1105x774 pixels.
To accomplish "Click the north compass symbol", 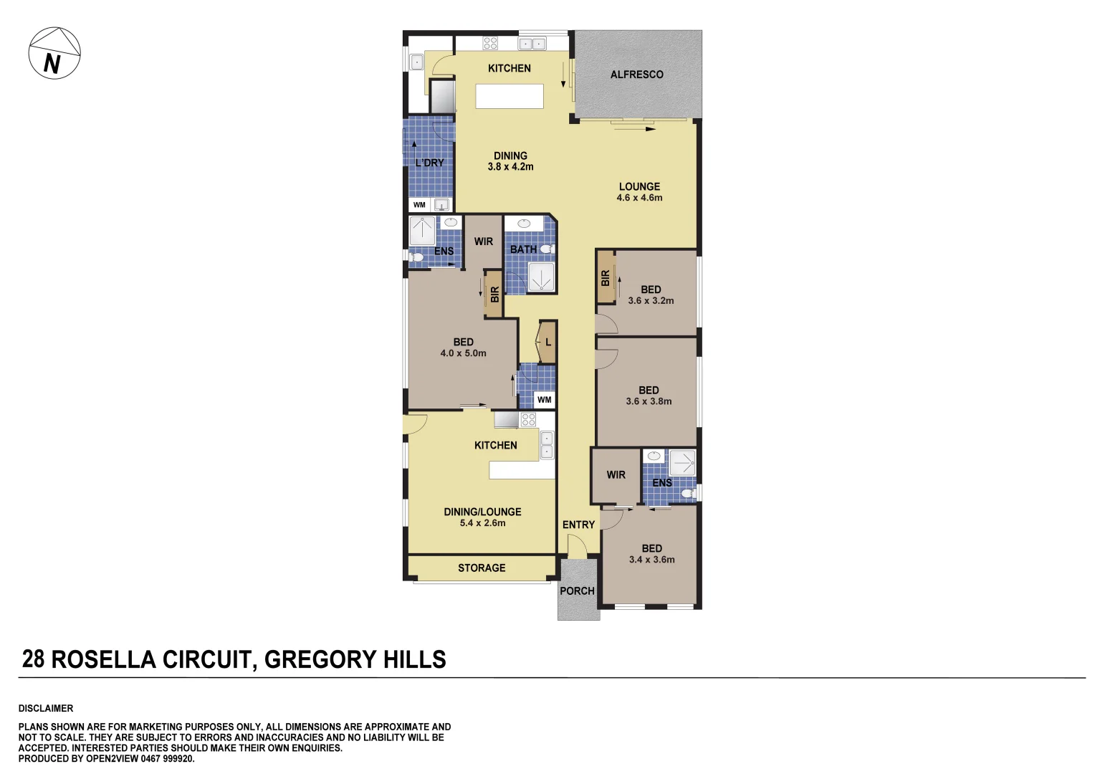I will coord(54,54).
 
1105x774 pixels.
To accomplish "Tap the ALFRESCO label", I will coord(636,75).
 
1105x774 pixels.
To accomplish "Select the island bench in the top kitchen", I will coord(510,96).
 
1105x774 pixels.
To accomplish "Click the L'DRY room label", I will coord(429,163).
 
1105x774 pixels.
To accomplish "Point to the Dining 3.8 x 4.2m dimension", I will coord(510,167).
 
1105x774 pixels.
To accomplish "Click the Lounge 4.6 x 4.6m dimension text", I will coord(639,198).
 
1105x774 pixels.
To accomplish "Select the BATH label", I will coord(523,249).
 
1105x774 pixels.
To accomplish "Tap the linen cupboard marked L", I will coord(548,342).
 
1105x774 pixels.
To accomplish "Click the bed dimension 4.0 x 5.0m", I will coord(463,353).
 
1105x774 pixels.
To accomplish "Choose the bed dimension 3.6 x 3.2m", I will coord(651,301).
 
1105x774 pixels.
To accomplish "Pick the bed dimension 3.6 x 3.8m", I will coord(649,402).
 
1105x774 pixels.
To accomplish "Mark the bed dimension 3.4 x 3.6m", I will coord(651,560).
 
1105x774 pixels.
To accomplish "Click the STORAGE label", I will coord(482,568).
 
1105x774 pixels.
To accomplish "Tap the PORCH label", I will coord(577,591).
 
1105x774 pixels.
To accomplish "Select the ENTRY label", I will coord(578,525).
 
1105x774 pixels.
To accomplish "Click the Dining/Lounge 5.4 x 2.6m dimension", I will coord(482,523).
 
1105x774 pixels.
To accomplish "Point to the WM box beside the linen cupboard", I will coord(545,400).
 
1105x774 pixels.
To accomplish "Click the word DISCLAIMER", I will coord(46,709).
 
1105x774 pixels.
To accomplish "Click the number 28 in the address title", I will coord(33,659).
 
